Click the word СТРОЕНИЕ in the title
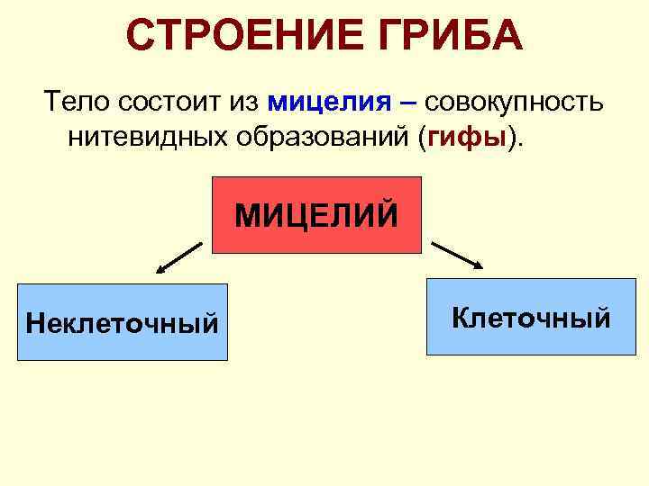[233, 36]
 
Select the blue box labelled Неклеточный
[123, 321]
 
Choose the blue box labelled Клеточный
[531, 317]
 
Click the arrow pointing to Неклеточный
[178, 256]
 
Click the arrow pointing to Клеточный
[457, 254]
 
